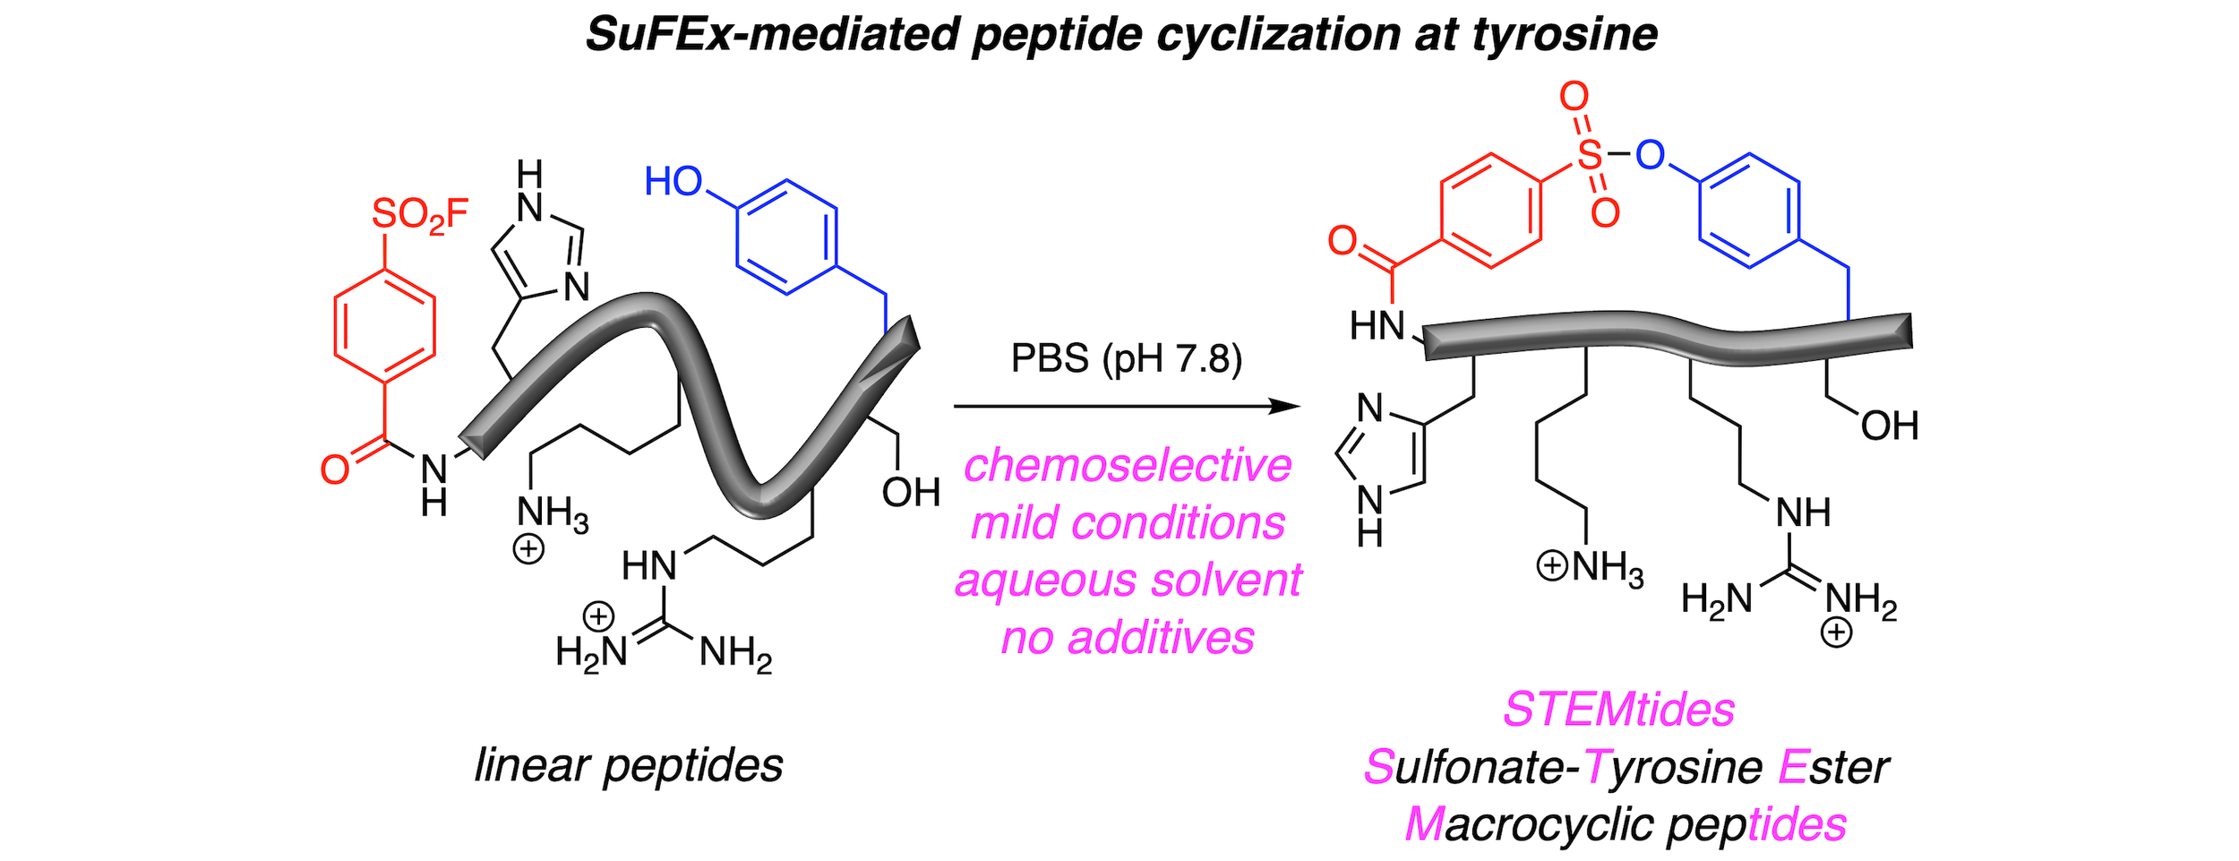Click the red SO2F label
click(x=419, y=215)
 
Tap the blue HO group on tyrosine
click(x=673, y=182)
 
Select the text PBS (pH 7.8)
click(x=1127, y=358)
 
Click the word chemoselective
click(x=1128, y=466)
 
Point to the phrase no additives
click(x=1128, y=638)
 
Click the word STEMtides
click(x=1618, y=710)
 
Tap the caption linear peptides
click(x=629, y=766)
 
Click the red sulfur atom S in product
click(x=1590, y=155)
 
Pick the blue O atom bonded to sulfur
click(x=1650, y=155)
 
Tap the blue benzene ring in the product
click(x=1749, y=211)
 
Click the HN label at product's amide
click(x=1377, y=326)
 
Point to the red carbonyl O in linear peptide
click(x=335, y=469)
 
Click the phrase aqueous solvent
click(x=1128, y=581)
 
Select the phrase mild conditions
click(x=1128, y=523)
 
